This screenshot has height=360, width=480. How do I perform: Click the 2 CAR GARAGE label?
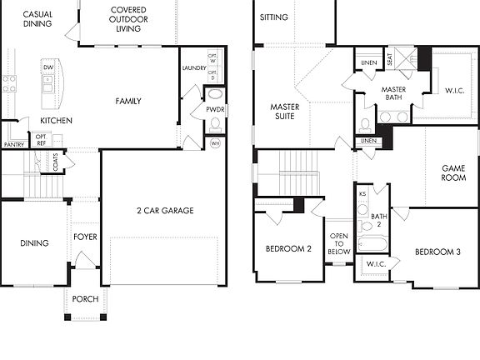(165, 211)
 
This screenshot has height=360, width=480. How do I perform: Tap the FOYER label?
(85, 237)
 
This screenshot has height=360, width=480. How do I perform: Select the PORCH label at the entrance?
(85, 299)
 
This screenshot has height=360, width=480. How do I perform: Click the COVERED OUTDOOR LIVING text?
(129, 19)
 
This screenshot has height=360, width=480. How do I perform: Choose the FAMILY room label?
(128, 102)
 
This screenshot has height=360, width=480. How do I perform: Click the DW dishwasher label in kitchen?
(47, 67)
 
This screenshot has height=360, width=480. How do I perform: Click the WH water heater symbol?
(215, 142)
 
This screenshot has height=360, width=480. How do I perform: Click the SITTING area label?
(274, 17)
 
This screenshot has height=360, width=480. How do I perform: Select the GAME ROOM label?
(453, 172)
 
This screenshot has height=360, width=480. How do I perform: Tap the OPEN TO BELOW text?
(339, 242)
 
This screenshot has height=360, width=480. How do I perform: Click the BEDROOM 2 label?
(288, 249)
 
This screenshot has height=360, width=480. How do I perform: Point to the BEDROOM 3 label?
(437, 252)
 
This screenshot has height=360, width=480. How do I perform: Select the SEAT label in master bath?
(390, 60)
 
